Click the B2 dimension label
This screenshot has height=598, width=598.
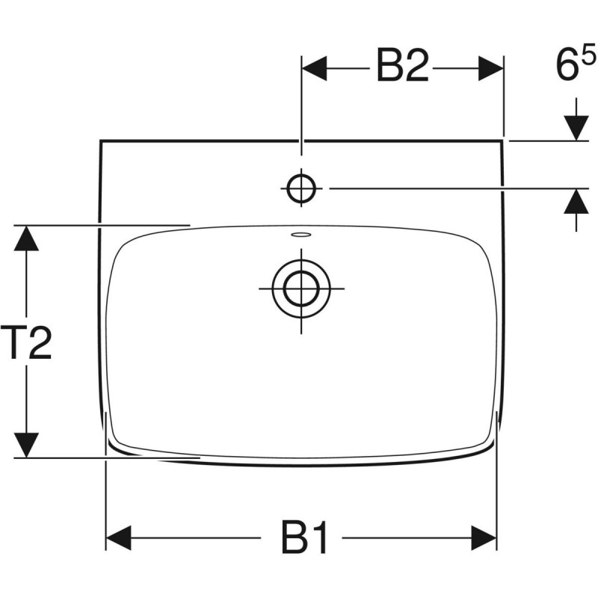[x=402, y=68]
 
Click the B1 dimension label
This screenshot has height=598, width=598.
[x=305, y=537]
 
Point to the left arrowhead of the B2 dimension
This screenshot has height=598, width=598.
[x=314, y=68]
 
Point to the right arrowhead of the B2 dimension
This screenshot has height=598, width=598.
[x=490, y=68]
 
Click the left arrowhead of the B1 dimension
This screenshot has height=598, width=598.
[x=120, y=537]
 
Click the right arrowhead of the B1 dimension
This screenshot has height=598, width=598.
[x=484, y=537]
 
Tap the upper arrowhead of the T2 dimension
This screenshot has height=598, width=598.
[x=27, y=239]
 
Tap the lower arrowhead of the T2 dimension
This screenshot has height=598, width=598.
[x=27, y=444]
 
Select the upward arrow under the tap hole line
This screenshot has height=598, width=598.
[x=576, y=203]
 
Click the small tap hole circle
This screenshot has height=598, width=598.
[x=300, y=189]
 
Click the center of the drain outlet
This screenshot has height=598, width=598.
[x=300, y=286]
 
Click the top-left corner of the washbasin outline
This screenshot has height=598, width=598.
[x=100, y=140]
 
